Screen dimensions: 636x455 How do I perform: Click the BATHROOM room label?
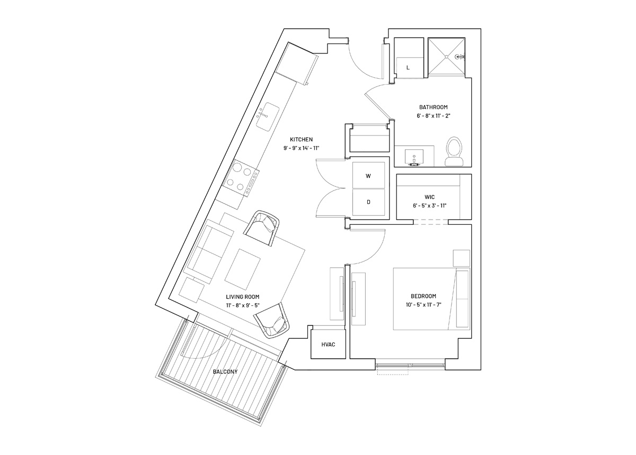tap(434, 107)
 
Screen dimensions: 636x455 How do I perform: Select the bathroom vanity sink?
tap(414, 157)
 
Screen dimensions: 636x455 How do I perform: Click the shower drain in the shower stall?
tap(447, 57)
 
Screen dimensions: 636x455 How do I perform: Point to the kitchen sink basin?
tap(69, 116)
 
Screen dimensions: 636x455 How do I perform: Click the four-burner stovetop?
tap(241, 178)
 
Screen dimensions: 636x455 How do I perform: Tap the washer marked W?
tap(368, 175)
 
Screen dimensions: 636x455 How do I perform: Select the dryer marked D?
tap(368, 202)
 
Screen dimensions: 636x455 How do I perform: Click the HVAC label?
tap(328, 344)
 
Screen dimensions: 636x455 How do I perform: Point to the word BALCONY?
tap(225, 371)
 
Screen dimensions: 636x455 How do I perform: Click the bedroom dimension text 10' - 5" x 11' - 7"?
tap(423, 305)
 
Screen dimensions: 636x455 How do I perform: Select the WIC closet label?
tap(430, 197)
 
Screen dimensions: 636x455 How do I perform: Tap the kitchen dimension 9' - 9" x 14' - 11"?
tap(301, 148)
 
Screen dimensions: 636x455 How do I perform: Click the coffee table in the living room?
tap(243, 268)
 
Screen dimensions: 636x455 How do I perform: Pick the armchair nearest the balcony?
tap(272, 321)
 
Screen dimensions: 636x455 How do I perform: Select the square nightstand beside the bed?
tap(461, 258)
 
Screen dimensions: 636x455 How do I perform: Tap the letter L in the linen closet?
tap(408, 68)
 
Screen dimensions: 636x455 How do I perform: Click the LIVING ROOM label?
tap(243, 297)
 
